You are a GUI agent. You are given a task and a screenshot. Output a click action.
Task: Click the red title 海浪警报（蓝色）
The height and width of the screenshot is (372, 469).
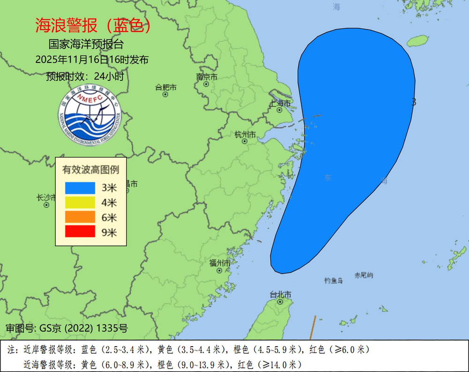tap(93, 26)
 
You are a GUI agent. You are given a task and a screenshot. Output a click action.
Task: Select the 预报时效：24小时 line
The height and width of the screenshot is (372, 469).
tap(85, 76)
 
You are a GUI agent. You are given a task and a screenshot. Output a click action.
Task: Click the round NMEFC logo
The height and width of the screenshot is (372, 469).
tap(90, 116)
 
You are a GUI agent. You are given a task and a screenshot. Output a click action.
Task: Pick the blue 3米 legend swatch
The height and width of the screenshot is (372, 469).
tap(80, 188)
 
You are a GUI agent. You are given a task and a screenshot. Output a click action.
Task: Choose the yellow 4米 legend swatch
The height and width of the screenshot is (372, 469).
tap(80, 203)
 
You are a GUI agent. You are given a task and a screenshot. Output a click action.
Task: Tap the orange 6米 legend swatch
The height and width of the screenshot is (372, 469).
tap(80, 217)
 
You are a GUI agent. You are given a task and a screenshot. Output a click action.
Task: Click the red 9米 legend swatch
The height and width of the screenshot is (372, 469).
tap(80, 232)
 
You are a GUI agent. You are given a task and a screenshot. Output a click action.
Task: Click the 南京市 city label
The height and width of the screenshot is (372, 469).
tap(207, 77)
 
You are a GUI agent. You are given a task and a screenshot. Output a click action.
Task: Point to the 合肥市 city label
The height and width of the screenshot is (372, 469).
tap(166, 87)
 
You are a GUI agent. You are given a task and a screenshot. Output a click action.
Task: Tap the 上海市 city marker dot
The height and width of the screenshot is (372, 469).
tap(280, 110)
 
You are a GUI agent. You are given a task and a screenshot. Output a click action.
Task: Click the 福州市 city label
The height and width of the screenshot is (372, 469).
tap(219, 263)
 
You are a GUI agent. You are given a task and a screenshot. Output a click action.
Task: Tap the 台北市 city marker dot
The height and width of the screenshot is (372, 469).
tap(280, 302)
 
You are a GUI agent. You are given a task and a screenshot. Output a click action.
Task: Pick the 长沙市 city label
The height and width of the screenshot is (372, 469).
tap(46, 198)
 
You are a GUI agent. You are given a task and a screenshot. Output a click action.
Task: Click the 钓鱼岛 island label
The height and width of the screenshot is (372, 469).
tap(333, 280)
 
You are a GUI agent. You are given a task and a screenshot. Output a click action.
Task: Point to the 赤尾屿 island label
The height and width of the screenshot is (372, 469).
tap(364, 275)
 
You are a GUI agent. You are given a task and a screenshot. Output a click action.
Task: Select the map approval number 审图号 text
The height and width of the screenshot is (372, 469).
tap(66, 328)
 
